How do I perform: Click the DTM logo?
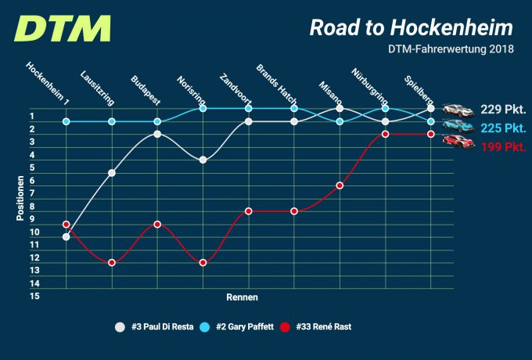pos(63,29)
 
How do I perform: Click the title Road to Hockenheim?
pos(412,28)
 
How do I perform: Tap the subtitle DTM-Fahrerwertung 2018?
pos(450,50)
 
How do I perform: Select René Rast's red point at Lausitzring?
pos(112,262)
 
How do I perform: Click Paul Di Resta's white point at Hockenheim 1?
pos(66,236)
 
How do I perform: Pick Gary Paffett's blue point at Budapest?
pos(157,121)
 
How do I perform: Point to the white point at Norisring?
pos(203,160)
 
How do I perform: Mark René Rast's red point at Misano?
pos(340,185)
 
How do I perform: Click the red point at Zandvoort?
pos(248,211)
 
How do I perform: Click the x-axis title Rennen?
pos(242,297)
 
